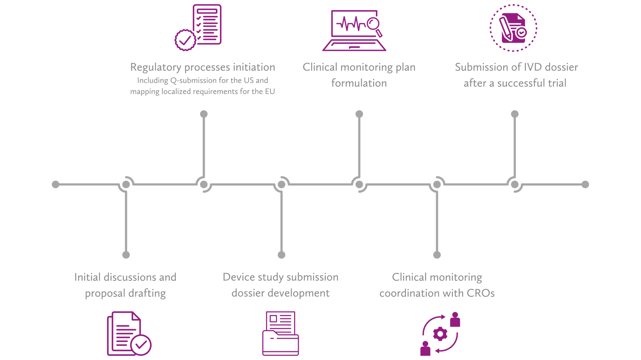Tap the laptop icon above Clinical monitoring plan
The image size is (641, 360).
354,31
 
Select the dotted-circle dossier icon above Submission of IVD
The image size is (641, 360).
513,28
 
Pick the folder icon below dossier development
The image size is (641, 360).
280,333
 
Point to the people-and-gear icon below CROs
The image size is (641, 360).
440,334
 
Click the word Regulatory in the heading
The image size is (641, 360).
156,68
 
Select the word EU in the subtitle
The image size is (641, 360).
270,91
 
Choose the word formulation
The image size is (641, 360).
359,83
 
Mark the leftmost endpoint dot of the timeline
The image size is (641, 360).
55,185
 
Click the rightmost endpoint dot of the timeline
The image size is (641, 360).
585,185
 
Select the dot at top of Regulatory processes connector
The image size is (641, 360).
204,114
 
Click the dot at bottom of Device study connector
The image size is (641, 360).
281,255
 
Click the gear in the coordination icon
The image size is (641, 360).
440,334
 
